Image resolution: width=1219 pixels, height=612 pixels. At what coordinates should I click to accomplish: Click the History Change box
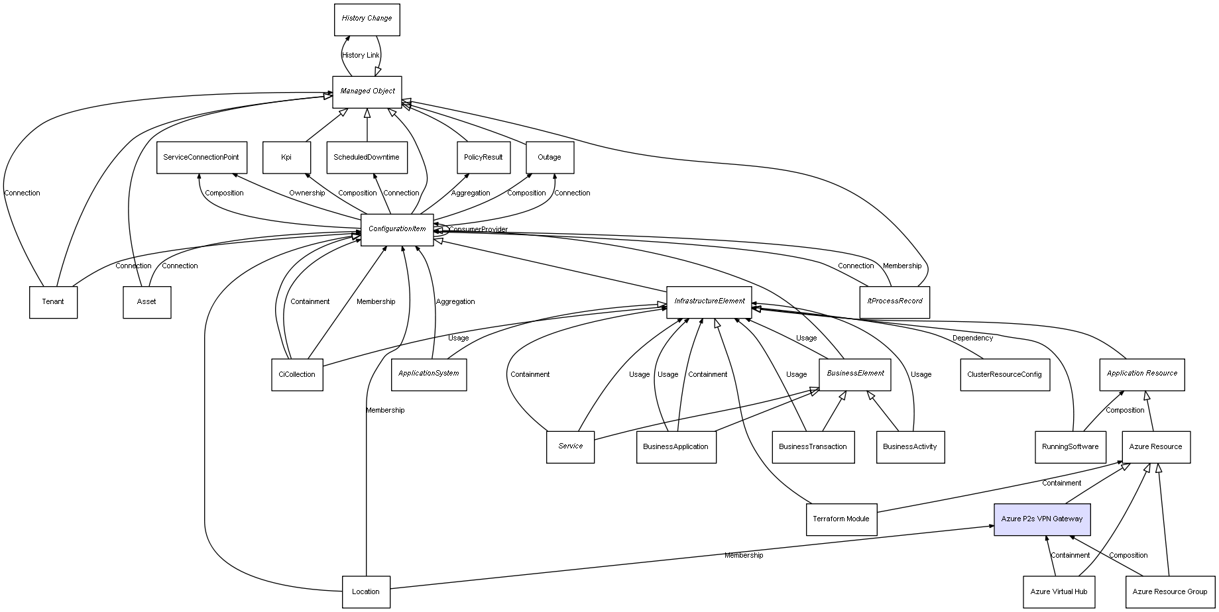pyautogui.click(x=367, y=19)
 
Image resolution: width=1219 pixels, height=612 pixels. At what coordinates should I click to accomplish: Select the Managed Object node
pyautogui.click(x=367, y=91)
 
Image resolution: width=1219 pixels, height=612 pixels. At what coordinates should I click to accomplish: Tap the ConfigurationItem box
pyautogui.click(x=397, y=230)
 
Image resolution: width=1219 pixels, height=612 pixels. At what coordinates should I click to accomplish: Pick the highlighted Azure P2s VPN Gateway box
pyautogui.click(x=1041, y=519)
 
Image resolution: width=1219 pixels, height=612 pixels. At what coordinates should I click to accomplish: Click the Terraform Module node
pyautogui.click(x=841, y=519)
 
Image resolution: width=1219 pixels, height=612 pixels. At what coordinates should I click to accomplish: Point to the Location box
pyautogui.click(x=366, y=591)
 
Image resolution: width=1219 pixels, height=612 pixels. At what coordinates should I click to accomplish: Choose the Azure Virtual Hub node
pyautogui.click(x=1059, y=591)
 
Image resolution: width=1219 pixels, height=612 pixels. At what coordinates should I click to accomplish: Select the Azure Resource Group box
pyautogui.click(x=1169, y=591)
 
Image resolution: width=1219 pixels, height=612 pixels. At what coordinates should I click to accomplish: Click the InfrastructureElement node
pyautogui.click(x=709, y=302)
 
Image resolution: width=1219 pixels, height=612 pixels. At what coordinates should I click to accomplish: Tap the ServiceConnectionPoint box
pyautogui.click(x=202, y=158)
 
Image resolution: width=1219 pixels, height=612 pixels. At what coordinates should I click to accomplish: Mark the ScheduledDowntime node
pyautogui.click(x=367, y=158)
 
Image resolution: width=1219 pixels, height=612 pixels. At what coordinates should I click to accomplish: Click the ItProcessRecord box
pyautogui.click(x=894, y=302)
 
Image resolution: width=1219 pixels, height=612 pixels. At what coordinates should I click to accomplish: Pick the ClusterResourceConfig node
pyautogui.click(x=1004, y=375)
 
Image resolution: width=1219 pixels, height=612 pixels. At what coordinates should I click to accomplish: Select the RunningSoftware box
pyautogui.click(x=1070, y=447)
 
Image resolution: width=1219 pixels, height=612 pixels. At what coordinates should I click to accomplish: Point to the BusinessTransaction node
pyautogui.click(x=813, y=447)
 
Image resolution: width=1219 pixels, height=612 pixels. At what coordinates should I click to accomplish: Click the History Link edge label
pyautogui.click(x=361, y=55)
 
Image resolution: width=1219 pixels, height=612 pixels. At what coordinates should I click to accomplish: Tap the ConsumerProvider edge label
pyautogui.click(x=478, y=230)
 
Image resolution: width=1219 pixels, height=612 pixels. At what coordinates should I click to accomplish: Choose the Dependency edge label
pyautogui.click(x=972, y=338)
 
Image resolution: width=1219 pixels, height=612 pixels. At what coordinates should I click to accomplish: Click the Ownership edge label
pyautogui.click(x=307, y=193)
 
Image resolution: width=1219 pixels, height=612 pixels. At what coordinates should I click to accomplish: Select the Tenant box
pyautogui.click(x=53, y=302)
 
